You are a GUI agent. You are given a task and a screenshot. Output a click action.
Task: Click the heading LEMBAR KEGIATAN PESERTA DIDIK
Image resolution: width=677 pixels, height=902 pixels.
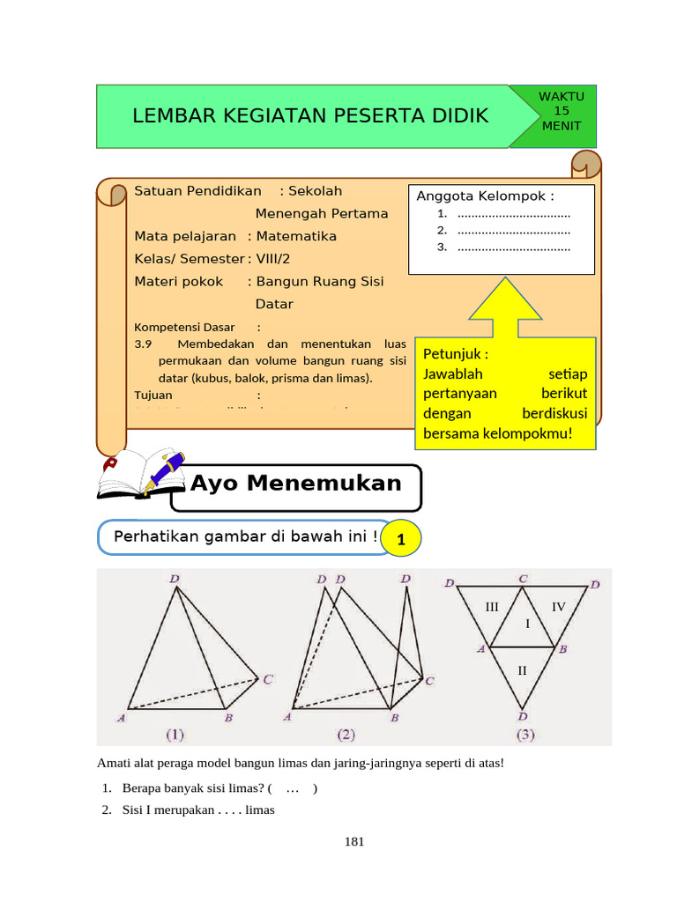pos(309,115)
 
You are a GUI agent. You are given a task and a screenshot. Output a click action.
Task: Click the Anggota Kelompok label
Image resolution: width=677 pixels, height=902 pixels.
pos(485,196)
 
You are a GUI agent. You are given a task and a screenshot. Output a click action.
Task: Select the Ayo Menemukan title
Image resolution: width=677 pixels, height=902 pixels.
pos(295,484)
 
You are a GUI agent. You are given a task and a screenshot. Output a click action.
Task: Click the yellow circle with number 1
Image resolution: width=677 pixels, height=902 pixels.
pos(401,538)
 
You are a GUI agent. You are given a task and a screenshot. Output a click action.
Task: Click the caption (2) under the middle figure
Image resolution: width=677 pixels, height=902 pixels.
pos(346,733)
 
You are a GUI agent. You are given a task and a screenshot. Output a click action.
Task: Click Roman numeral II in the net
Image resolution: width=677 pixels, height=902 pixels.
pos(522,670)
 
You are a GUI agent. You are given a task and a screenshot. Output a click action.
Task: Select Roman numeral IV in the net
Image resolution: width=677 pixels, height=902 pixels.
pos(559,607)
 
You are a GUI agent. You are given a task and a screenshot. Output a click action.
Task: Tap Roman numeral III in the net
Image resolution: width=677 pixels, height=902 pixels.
pos(492,607)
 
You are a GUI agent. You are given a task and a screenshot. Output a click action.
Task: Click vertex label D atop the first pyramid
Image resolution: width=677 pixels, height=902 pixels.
pos(175,579)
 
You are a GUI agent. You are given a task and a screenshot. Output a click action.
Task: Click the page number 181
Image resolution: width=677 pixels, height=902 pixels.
pos(353,841)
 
